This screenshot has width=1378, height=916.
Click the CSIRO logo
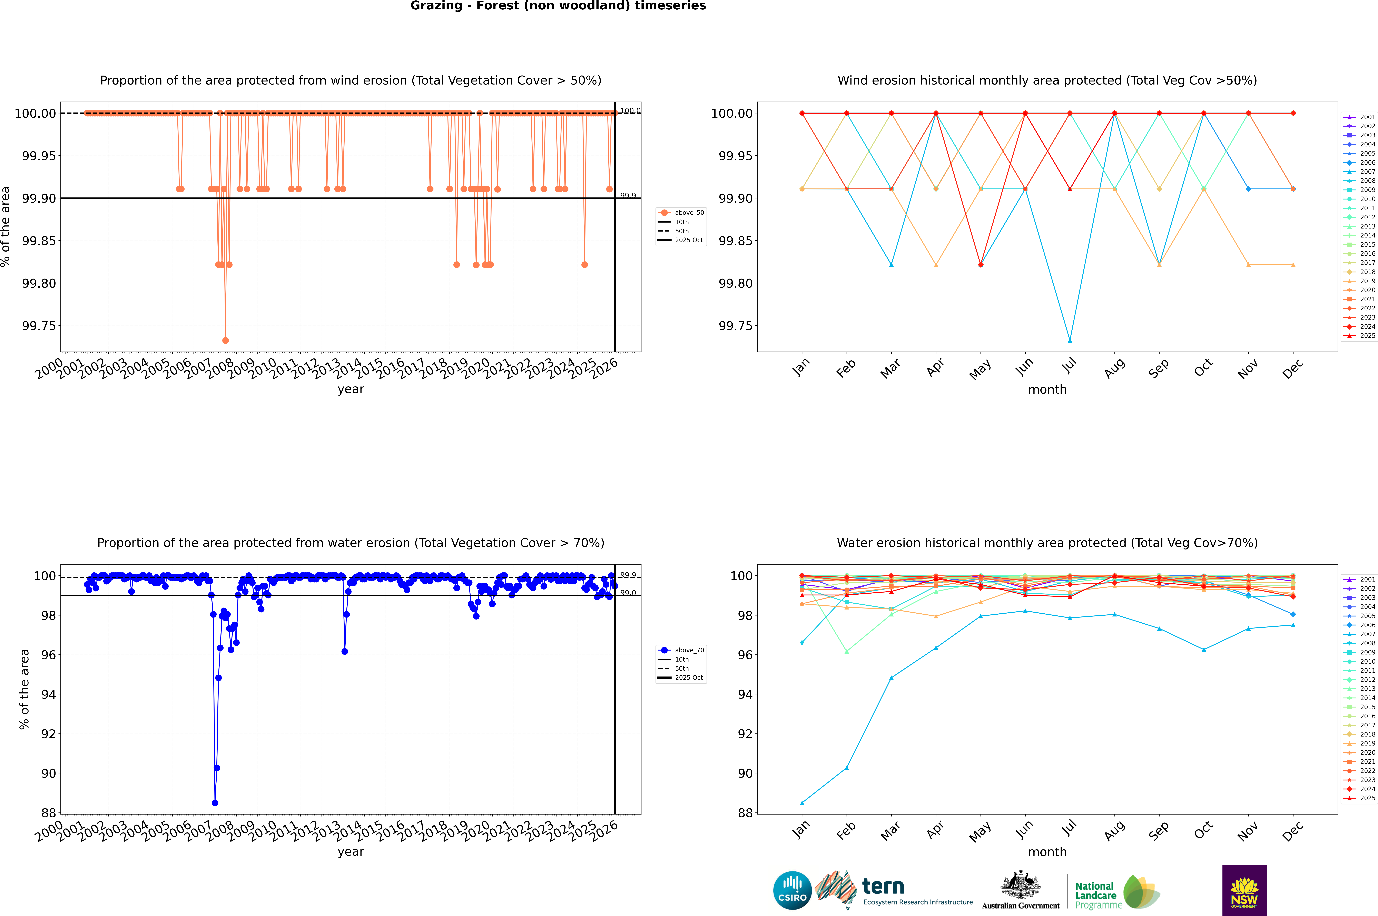click(x=792, y=890)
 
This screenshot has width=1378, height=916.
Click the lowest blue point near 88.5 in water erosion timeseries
click(x=215, y=803)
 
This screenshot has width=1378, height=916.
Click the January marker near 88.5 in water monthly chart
click(x=802, y=803)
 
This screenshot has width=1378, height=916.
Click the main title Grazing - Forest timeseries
click(x=558, y=6)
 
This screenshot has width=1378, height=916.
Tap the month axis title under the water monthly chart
click(x=1047, y=852)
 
